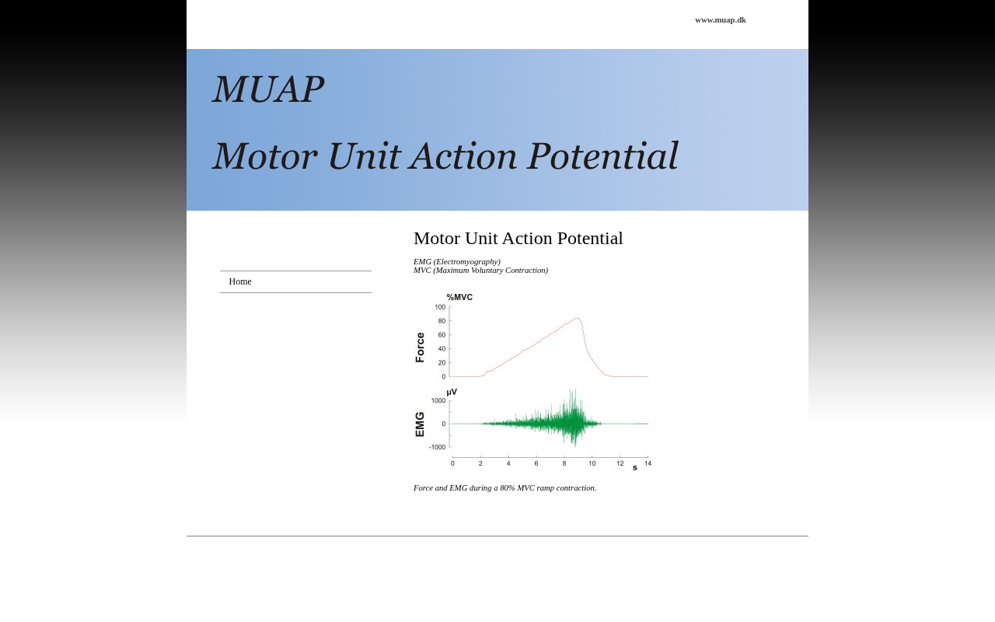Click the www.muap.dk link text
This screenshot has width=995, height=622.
721,20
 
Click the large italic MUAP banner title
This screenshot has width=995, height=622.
268,89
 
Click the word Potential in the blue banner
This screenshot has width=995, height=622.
602,156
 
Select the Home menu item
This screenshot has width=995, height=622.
240,281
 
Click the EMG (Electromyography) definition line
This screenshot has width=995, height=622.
456,262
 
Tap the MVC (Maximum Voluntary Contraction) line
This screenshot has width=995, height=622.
480,270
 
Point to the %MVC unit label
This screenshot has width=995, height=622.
459,297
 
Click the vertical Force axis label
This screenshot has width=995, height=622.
420,348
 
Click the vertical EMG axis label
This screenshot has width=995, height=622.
420,425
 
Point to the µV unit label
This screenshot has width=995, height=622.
452,392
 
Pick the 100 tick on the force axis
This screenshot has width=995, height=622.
440,307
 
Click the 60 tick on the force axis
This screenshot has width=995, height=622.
442,335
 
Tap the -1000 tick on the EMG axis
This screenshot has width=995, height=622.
437,447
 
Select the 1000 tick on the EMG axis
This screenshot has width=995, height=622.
438,400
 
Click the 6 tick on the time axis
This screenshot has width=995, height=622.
536,463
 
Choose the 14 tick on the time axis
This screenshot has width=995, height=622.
648,463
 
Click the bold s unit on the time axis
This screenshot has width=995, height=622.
635,467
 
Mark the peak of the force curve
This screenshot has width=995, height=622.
577,318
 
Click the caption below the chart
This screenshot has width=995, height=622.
504,487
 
